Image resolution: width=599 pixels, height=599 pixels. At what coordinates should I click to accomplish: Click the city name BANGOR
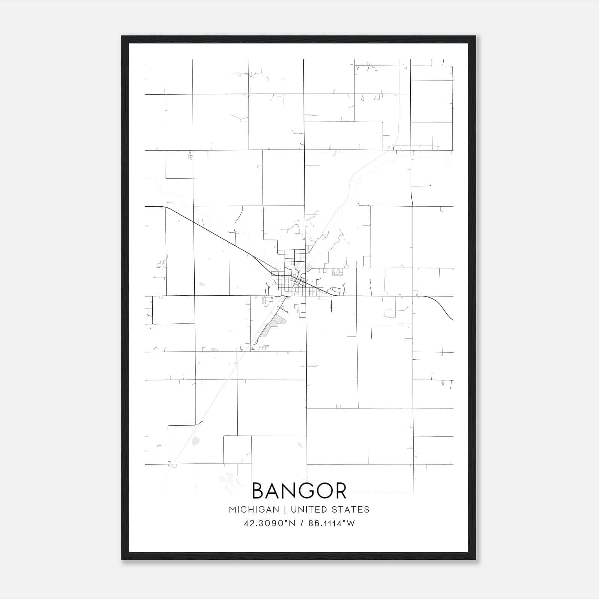tap(299, 491)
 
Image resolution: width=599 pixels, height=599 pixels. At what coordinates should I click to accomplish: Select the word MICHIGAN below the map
tap(254, 510)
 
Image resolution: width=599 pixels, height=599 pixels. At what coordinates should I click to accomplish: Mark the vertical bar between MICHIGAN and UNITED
tap(285, 510)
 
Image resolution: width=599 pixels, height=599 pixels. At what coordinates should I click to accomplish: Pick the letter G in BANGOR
tap(304, 491)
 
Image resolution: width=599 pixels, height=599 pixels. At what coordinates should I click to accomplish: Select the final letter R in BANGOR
tap(340, 491)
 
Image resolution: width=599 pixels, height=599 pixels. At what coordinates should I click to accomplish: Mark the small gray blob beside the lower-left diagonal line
tap(195, 441)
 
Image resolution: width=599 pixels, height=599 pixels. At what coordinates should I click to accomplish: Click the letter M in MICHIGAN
tap(232, 510)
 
